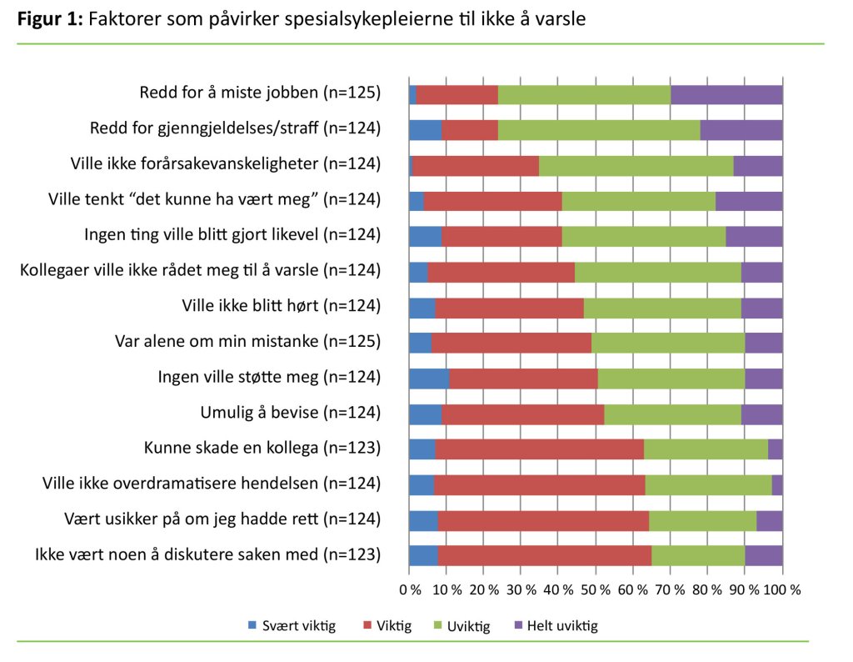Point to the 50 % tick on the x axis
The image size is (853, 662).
tap(595, 589)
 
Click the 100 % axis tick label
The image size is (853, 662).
tap(781, 589)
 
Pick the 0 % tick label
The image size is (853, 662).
tap(410, 589)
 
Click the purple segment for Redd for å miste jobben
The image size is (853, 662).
tap(726, 94)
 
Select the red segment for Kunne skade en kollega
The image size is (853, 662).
tap(539, 449)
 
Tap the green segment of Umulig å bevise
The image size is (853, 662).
tap(672, 414)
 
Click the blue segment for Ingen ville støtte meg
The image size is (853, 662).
tap(428, 379)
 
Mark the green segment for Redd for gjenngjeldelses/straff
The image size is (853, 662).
tap(599, 129)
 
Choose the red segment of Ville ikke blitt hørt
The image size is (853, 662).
tap(509, 307)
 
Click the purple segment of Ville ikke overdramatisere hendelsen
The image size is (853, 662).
tap(777, 485)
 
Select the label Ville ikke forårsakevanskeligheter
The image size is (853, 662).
tap(225, 165)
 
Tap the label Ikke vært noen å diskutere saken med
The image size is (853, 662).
tap(207, 555)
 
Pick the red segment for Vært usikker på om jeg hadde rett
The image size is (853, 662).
tap(542, 520)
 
